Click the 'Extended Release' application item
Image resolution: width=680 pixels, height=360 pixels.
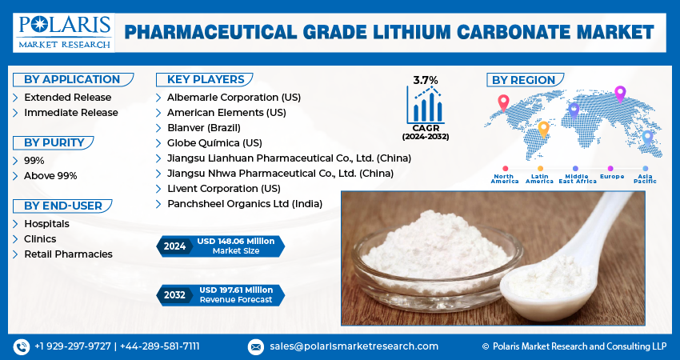click(67, 97)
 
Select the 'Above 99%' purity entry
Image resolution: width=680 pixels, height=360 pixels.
click(50, 175)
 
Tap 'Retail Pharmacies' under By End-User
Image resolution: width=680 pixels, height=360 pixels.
click(68, 254)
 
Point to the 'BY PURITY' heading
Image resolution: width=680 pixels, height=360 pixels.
click(54, 142)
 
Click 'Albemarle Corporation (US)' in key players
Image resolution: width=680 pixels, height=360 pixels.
click(234, 97)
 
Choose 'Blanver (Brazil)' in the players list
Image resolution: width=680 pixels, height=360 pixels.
click(203, 127)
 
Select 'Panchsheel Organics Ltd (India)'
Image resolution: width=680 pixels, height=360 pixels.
click(245, 203)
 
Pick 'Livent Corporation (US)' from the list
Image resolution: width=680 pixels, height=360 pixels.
click(223, 188)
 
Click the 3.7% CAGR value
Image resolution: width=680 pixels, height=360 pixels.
click(426, 79)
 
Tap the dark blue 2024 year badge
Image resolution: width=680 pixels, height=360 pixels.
click(174, 246)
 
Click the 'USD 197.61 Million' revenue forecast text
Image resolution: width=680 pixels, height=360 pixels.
click(236, 290)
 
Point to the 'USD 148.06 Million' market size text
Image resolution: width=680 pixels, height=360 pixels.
click(237, 242)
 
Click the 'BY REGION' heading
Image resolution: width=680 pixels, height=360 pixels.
click(523, 80)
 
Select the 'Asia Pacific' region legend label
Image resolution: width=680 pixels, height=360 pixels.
click(645, 178)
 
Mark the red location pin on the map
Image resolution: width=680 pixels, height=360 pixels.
click(503, 102)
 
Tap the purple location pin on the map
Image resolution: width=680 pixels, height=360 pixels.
click(619, 93)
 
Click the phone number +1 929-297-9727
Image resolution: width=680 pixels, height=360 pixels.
click(73, 346)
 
